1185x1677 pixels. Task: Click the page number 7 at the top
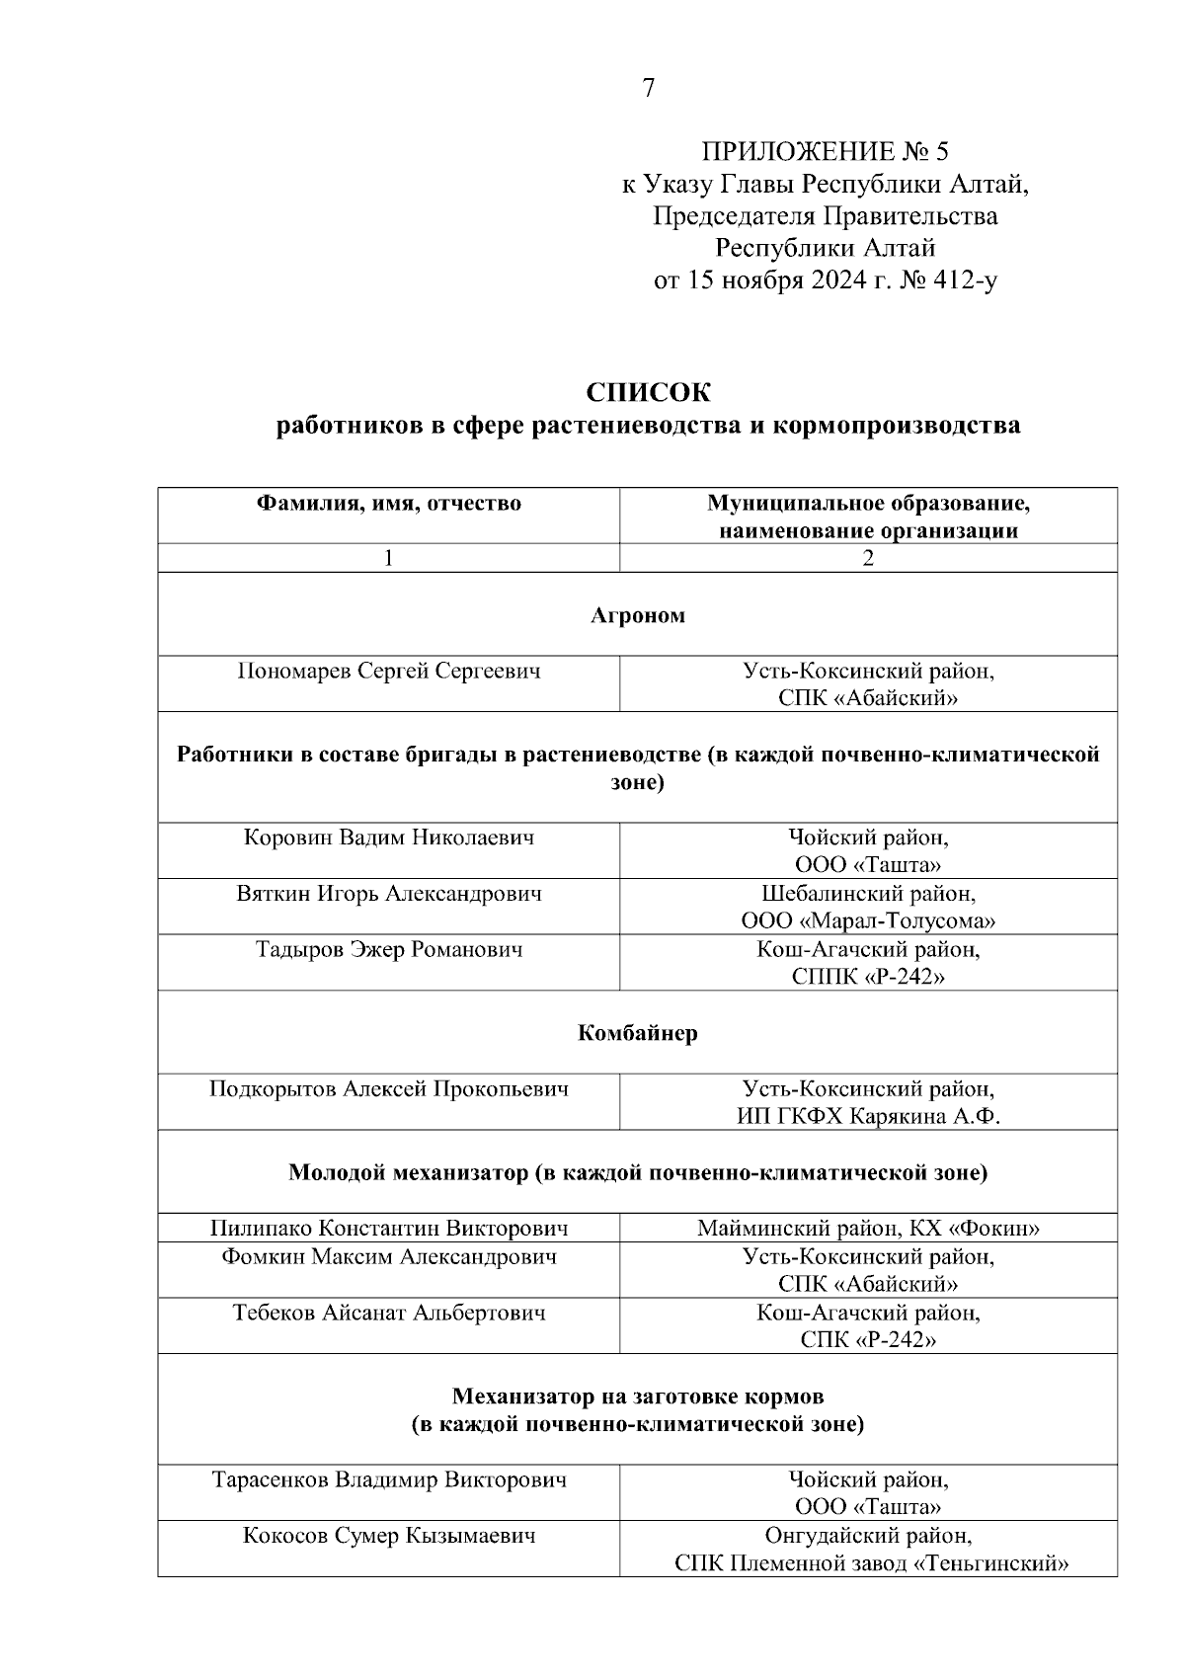click(x=648, y=89)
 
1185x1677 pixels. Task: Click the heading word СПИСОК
click(x=648, y=393)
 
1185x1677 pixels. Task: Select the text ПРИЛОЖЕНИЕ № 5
click(x=825, y=152)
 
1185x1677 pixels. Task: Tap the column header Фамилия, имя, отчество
click(x=389, y=504)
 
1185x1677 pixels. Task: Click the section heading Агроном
click(x=638, y=615)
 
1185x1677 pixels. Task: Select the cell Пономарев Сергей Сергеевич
click(x=389, y=672)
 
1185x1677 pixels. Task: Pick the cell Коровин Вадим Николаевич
click(x=389, y=838)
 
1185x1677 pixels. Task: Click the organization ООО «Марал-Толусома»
click(x=868, y=921)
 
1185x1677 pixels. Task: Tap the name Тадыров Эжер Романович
click(x=389, y=950)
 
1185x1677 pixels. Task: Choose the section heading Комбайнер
click(x=638, y=1033)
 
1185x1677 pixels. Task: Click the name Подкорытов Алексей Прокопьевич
click(x=389, y=1089)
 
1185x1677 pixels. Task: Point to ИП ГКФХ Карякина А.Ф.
click(x=868, y=1117)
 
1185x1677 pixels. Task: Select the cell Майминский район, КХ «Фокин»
click(x=868, y=1229)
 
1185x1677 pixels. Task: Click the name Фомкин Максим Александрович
click(x=389, y=1257)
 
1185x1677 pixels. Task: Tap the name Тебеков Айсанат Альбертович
click(x=389, y=1313)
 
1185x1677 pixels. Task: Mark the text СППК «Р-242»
click(x=868, y=978)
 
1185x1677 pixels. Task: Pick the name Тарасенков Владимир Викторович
click(x=389, y=1479)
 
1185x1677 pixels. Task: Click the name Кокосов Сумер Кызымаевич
click(x=389, y=1536)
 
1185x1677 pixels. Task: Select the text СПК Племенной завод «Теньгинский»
click(x=868, y=1563)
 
